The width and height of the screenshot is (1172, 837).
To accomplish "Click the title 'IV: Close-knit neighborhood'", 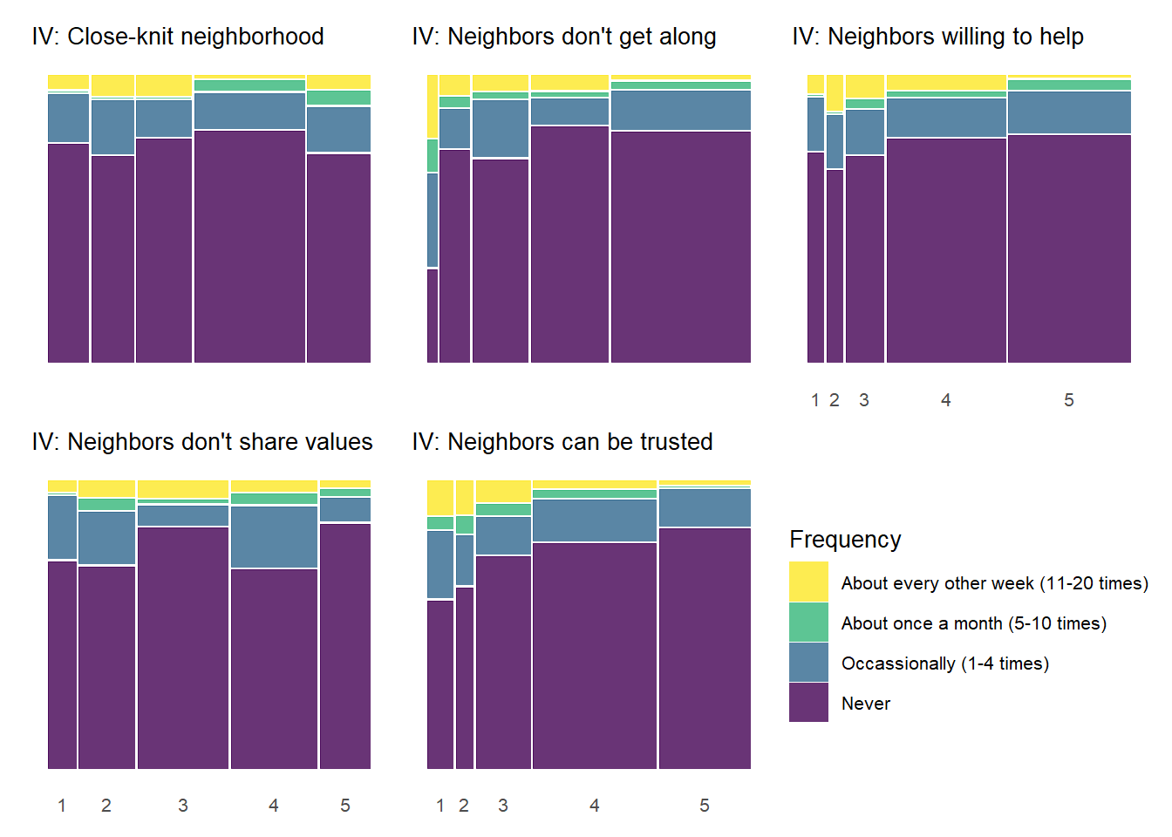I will tap(178, 37).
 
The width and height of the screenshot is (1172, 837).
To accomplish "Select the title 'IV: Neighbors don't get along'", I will tap(564, 37).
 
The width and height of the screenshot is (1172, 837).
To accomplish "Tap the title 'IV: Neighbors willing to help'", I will tap(938, 37).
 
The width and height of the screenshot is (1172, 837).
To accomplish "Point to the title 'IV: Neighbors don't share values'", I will tap(202, 442).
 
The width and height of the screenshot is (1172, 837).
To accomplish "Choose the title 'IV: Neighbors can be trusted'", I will tap(562, 442).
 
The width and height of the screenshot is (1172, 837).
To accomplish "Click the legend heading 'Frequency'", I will tap(845, 540).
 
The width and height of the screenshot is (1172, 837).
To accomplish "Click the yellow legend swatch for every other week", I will tap(808, 582).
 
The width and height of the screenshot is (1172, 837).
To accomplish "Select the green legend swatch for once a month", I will tap(808, 623).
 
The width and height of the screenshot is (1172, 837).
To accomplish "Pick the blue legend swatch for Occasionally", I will tap(808, 663).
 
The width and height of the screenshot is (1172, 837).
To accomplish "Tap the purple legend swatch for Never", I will tap(808, 703).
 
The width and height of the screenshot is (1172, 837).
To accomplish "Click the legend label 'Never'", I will tap(866, 704).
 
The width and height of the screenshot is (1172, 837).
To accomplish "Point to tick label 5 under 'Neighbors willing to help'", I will tap(1069, 400).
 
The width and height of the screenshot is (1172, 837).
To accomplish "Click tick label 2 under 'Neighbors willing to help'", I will tap(835, 400).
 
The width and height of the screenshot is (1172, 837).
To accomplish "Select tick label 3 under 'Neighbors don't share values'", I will tap(183, 806).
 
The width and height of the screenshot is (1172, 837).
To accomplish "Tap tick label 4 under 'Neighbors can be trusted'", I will tap(595, 806).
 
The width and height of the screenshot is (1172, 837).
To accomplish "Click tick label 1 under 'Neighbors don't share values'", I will tap(62, 806).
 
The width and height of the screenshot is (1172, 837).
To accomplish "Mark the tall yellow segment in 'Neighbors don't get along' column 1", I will tap(433, 106).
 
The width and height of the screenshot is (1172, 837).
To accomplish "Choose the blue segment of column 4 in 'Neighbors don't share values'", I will tap(274, 536).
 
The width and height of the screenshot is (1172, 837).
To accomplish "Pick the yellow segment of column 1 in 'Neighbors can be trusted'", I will tap(440, 498).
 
